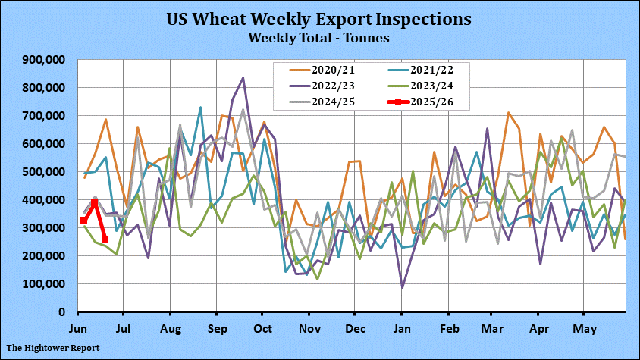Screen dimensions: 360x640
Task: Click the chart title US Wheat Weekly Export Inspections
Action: tap(319, 18)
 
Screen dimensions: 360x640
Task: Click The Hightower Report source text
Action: tap(52, 348)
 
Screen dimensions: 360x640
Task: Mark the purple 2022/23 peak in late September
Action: tap(243, 78)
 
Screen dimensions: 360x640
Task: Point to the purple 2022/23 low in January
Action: tap(402, 287)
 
